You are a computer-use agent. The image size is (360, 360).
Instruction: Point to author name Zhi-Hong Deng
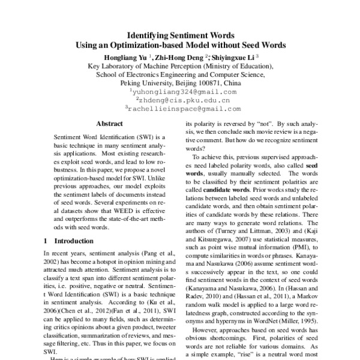pyautogui.click(x=181, y=57)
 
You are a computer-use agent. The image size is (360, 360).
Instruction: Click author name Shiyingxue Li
pyautogui.click(x=232, y=57)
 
